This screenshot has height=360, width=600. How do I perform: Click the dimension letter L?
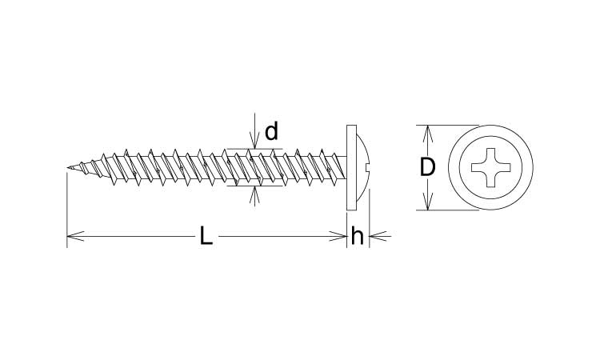point(206,236)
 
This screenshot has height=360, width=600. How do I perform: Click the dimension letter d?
point(271,132)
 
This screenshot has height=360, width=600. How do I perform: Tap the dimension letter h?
point(358,236)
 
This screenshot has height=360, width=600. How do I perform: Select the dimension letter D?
point(428,168)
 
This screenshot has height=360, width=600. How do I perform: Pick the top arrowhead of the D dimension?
point(428,130)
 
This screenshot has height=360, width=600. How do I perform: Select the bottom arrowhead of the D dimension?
point(428,206)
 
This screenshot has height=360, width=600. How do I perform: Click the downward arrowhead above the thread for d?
point(254,143)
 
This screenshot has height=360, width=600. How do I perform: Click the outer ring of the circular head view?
point(491,129)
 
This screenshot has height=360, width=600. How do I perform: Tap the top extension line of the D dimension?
point(448,125)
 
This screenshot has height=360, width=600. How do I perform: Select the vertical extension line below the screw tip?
point(67,208)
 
